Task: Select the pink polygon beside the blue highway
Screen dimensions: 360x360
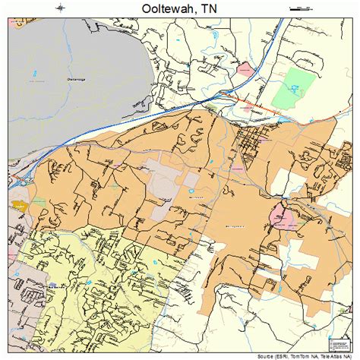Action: [x=245, y=69]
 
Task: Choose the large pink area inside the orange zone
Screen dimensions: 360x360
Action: [x=283, y=219]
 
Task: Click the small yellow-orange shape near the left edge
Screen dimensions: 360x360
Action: [x=19, y=205]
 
